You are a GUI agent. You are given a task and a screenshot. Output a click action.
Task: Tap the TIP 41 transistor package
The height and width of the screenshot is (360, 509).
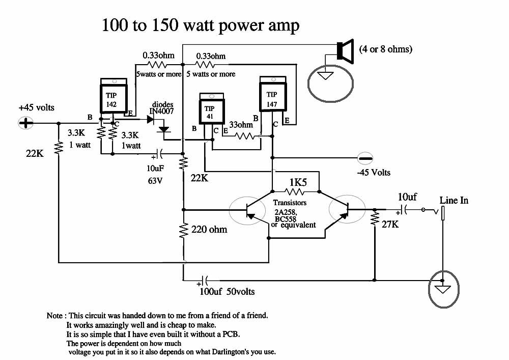click(x=211, y=108)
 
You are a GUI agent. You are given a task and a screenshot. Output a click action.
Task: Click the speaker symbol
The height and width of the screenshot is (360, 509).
click(x=345, y=51)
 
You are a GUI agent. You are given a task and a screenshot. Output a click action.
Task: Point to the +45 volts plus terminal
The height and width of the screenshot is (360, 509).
click(x=25, y=123)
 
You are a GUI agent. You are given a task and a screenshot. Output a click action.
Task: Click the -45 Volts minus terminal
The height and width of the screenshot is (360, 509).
click(x=365, y=158)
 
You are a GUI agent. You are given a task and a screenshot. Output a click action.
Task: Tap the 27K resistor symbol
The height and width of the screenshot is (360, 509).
click(x=375, y=217)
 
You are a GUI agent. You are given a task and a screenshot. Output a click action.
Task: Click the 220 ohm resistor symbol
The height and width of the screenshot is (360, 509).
click(x=184, y=231)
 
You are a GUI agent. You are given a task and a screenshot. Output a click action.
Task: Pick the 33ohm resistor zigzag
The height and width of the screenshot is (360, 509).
click(x=245, y=136)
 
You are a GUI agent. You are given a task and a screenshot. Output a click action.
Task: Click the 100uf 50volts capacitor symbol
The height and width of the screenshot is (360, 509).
click(x=205, y=280)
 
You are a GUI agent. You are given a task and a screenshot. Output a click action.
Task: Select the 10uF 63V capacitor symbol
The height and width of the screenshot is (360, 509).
click(x=158, y=154)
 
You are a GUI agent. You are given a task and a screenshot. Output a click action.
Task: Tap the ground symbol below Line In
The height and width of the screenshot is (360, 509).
click(x=443, y=289)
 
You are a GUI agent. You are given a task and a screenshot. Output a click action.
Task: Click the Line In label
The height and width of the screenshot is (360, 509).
click(x=454, y=200)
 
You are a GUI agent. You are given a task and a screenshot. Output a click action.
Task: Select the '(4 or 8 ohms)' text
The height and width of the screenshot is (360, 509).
click(x=386, y=49)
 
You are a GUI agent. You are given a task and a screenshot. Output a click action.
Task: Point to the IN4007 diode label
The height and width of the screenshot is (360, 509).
click(x=162, y=111)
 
